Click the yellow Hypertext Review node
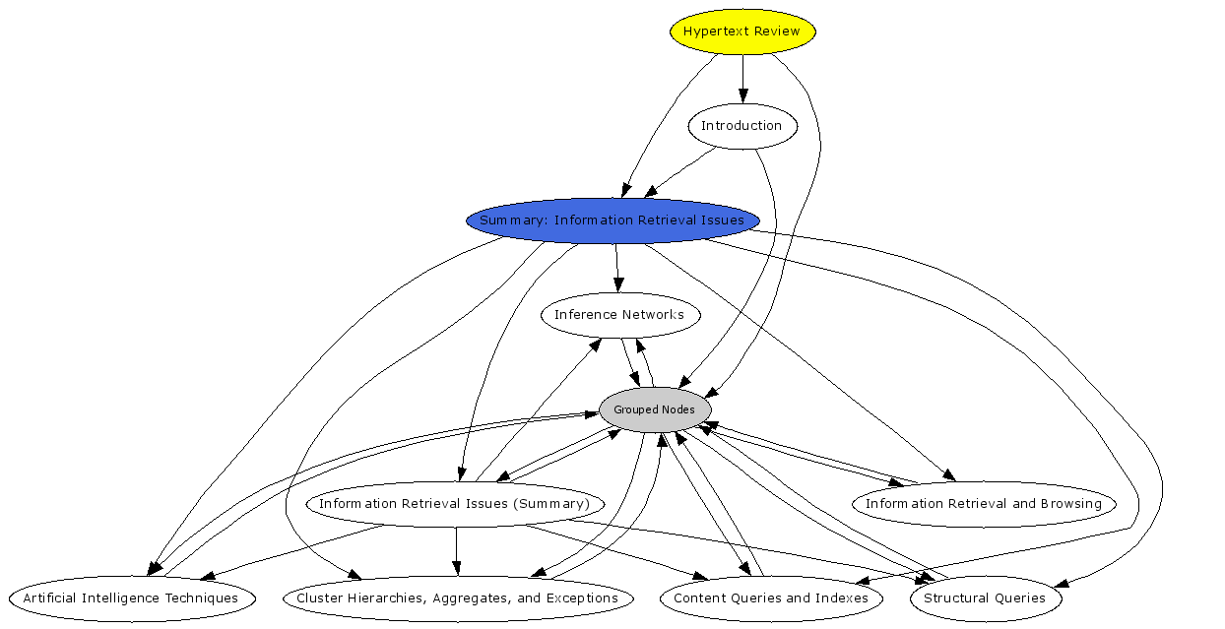(x=742, y=31)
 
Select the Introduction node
(x=741, y=126)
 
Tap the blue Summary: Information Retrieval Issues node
(x=612, y=220)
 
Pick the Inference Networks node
(x=619, y=315)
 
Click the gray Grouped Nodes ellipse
(x=655, y=409)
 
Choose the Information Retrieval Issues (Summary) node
(x=454, y=504)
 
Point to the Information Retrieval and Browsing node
(x=984, y=504)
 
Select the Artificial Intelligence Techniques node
(x=131, y=598)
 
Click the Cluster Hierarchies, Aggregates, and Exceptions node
(x=458, y=598)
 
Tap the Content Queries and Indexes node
(x=771, y=598)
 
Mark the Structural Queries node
(x=985, y=598)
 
